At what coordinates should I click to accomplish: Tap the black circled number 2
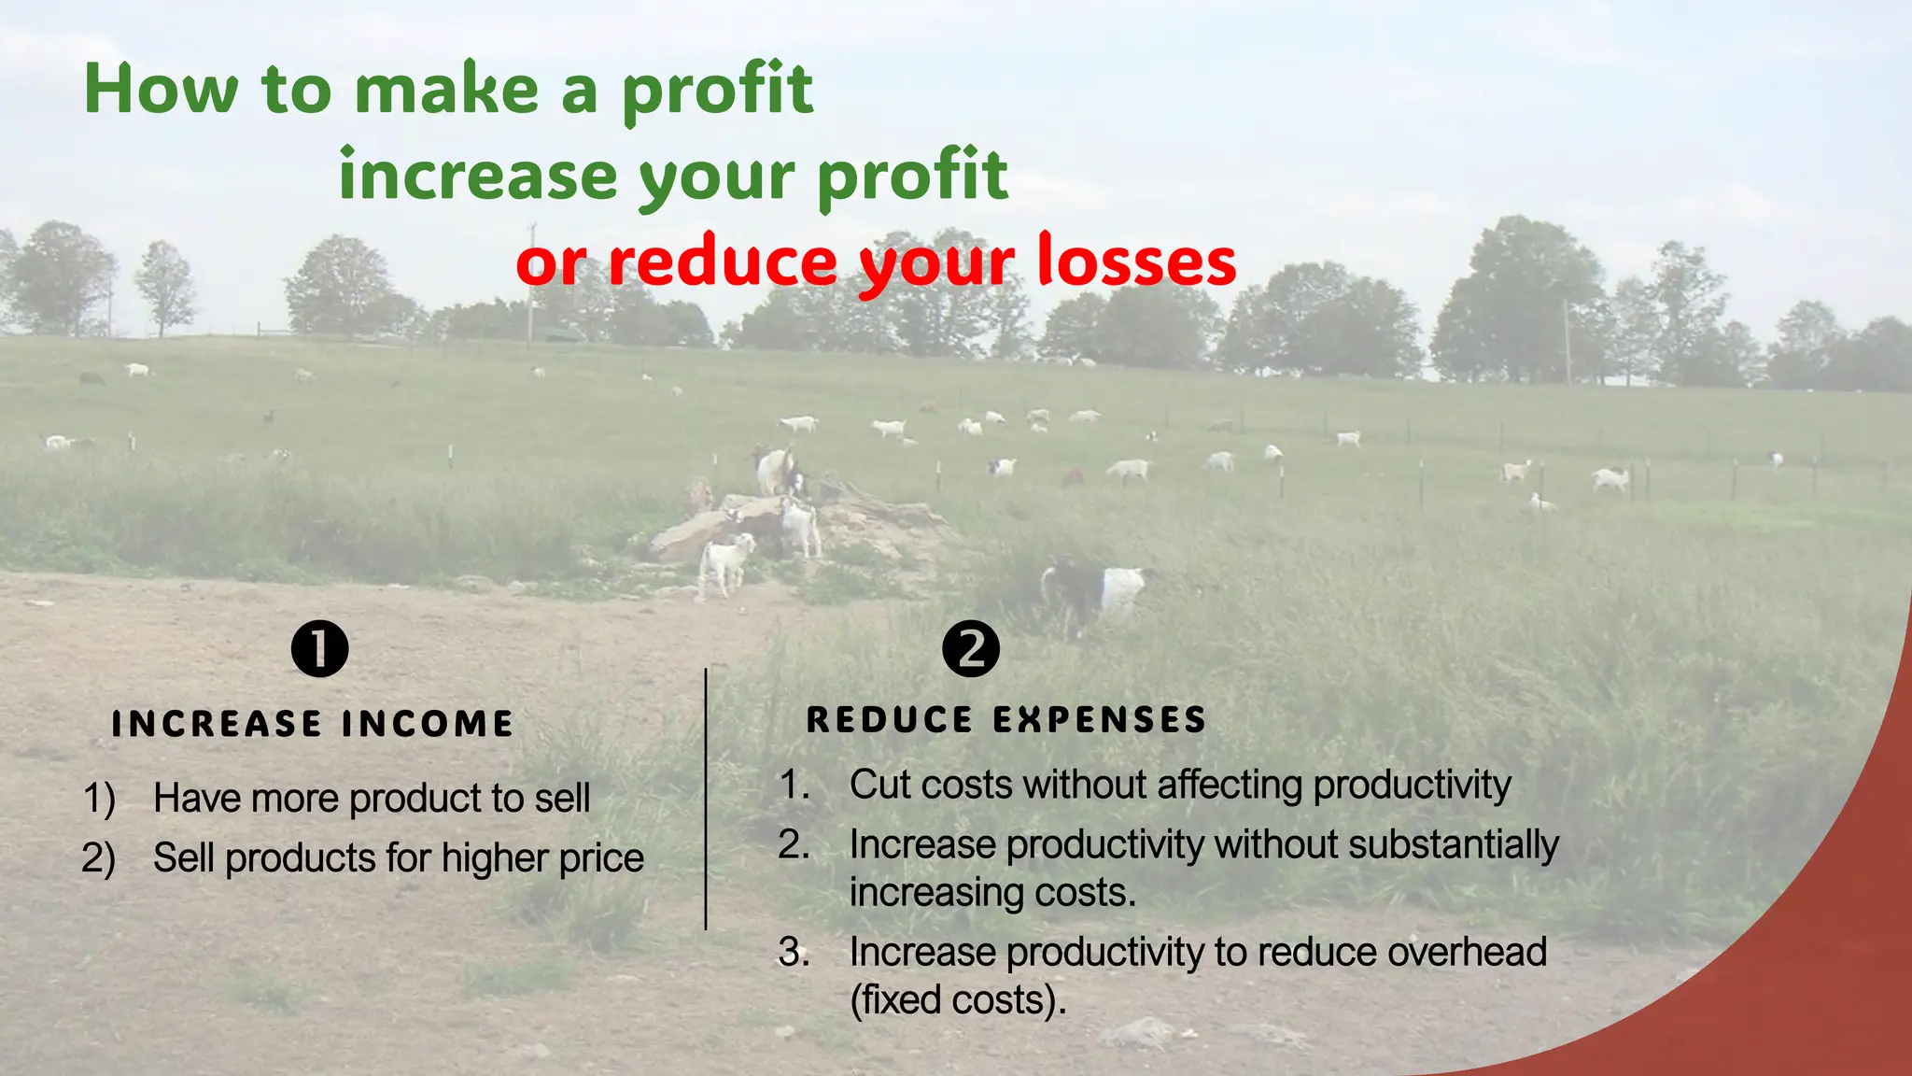tap(971, 648)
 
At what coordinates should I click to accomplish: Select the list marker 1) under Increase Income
tap(99, 799)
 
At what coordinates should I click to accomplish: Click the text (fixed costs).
tap(957, 1000)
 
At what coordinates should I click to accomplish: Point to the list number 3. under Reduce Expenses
tap(794, 953)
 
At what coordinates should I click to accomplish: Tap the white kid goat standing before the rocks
tap(725, 563)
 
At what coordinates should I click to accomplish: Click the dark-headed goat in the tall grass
tap(1092, 592)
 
